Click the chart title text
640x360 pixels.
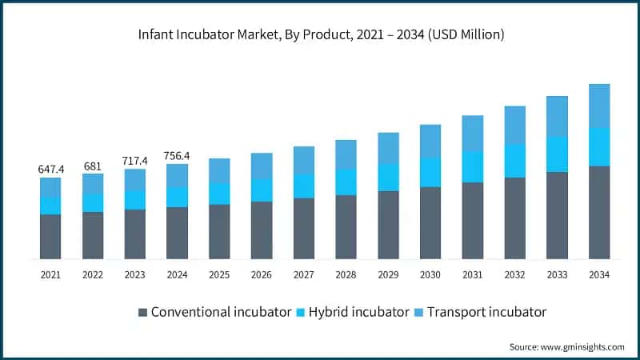pos(320,34)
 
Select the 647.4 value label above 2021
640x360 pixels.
pos(50,170)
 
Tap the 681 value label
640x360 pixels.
pos(93,166)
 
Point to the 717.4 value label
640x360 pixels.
pos(135,161)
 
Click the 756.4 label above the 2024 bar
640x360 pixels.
pos(177,155)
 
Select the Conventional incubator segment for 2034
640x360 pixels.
pos(599,212)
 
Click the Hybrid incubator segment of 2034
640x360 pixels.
pos(599,146)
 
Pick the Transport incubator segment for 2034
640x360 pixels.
pos(599,106)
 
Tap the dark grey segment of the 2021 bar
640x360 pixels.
pos(50,236)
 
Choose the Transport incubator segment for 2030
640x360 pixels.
pos(430,141)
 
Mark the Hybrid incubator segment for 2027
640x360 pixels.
pos(304,186)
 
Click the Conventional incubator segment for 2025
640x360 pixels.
pos(219,231)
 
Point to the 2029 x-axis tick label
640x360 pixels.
pos(388,275)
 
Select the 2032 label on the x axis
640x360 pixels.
pos(514,275)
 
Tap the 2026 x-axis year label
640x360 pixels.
pos(262,275)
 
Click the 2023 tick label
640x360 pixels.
pos(135,275)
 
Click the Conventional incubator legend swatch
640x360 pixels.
pos(143,312)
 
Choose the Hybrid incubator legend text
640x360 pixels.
pos(359,312)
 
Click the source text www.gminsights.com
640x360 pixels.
pos(566,346)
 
